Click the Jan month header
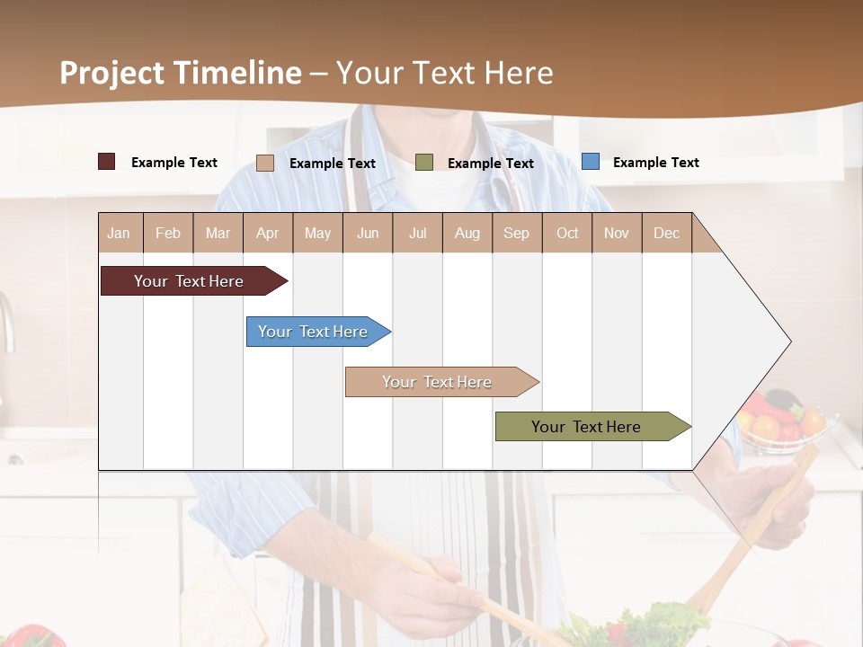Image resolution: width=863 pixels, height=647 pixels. pyautogui.click(x=119, y=233)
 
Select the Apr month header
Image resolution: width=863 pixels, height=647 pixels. pyautogui.click(x=267, y=233)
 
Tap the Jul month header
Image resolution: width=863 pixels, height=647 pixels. pyautogui.click(x=417, y=233)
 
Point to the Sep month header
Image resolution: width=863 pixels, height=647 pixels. pyautogui.click(x=516, y=233)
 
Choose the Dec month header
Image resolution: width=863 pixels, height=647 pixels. pyautogui.click(x=666, y=233)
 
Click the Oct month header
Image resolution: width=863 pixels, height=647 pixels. pyautogui.click(x=567, y=233)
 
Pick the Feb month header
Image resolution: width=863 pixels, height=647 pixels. pyautogui.click(x=168, y=233)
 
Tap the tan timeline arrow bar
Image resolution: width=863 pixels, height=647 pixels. pyautogui.click(x=438, y=382)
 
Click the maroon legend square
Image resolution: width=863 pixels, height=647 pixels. pyautogui.click(x=106, y=162)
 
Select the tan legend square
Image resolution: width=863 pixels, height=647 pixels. pyautogui.click(x=265, y=163)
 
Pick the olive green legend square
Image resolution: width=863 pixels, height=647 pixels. pyautogui.click(x=424, y=162)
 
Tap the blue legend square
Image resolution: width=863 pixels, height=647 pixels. pyautogui.click(x=590, y=162)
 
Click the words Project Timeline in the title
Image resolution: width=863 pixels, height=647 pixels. pyautogui.click(x=180, y=72)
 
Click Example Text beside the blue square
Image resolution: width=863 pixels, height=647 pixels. pyautogui.click(x=655, y=162)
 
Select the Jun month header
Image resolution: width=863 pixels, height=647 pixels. pyautogui.click(x=368, y=233)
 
